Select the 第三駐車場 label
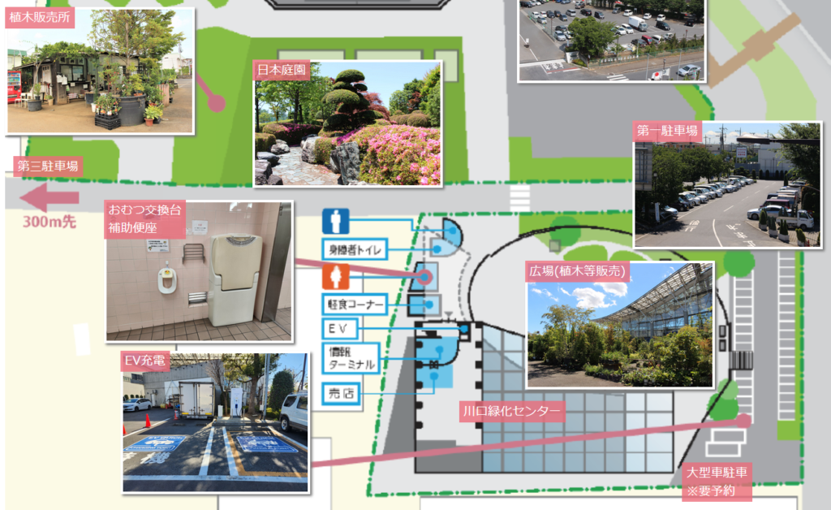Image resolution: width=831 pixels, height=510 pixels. (49, 167)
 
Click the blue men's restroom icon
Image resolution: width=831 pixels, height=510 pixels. (335, 221)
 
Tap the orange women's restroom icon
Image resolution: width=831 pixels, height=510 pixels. (335, 276)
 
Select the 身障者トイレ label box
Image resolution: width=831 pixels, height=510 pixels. (355, 249)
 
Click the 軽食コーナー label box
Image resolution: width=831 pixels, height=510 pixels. (355, 304)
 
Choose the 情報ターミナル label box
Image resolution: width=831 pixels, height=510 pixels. (351, 358)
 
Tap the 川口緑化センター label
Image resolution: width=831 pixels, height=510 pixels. (510, 410)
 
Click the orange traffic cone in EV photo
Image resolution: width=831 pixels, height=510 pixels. (148, 421)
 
